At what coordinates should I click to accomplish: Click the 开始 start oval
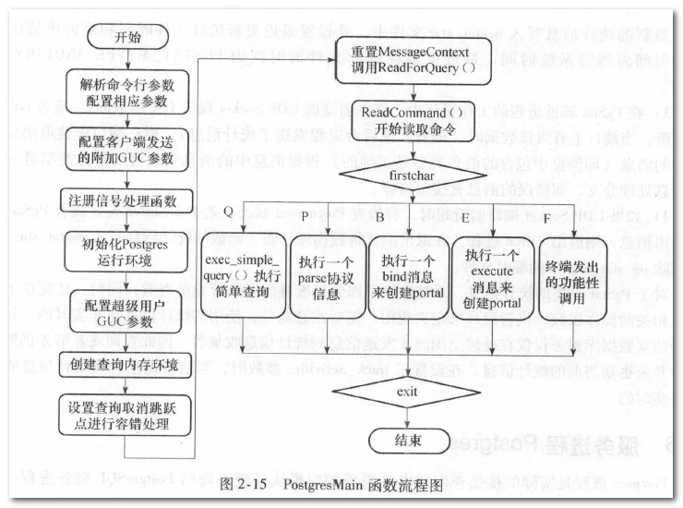[129, 39]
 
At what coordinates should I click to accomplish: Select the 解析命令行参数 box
[128, 89]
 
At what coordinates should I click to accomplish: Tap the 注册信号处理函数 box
[128, 200]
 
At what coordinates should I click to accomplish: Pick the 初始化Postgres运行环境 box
[128, 252]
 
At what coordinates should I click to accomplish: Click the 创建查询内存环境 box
[128, 361]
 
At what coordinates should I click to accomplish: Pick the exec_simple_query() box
[242, 274]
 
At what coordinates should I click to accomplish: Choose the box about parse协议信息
[326, 274]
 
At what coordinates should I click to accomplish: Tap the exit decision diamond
[407, 392]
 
